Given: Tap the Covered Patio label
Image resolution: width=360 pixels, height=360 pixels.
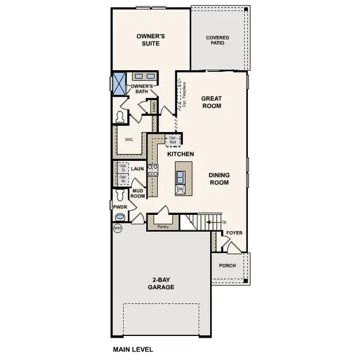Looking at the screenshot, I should click(x=218, y=40).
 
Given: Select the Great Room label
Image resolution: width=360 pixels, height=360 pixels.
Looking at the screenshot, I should click(x=211, y=102).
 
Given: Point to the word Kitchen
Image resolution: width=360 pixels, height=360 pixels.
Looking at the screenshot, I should click(x=180, y=154).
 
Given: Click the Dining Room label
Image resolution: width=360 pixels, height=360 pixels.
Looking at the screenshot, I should click(x=220, y=179).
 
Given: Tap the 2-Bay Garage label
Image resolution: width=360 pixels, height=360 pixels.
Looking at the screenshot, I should click(x=162, y=283).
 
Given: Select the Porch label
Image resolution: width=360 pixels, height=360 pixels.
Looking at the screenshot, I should click(x=227, y=266).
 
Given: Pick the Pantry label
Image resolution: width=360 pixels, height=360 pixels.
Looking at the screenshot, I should click(x=161, y=227).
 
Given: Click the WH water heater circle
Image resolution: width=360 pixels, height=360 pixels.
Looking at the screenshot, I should click(x=117, y=229).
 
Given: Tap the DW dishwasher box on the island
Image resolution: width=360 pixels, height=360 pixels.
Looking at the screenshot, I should click(x=180, y=190).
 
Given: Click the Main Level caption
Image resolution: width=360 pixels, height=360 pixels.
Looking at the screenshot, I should click(x=133, y=348).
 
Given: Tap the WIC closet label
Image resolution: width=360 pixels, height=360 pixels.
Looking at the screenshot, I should click(x=128, y=139).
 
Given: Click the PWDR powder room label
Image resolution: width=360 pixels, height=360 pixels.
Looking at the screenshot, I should click(x=119, y=206).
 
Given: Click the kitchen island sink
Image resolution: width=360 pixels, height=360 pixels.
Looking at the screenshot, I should click(x=180, y=176).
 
